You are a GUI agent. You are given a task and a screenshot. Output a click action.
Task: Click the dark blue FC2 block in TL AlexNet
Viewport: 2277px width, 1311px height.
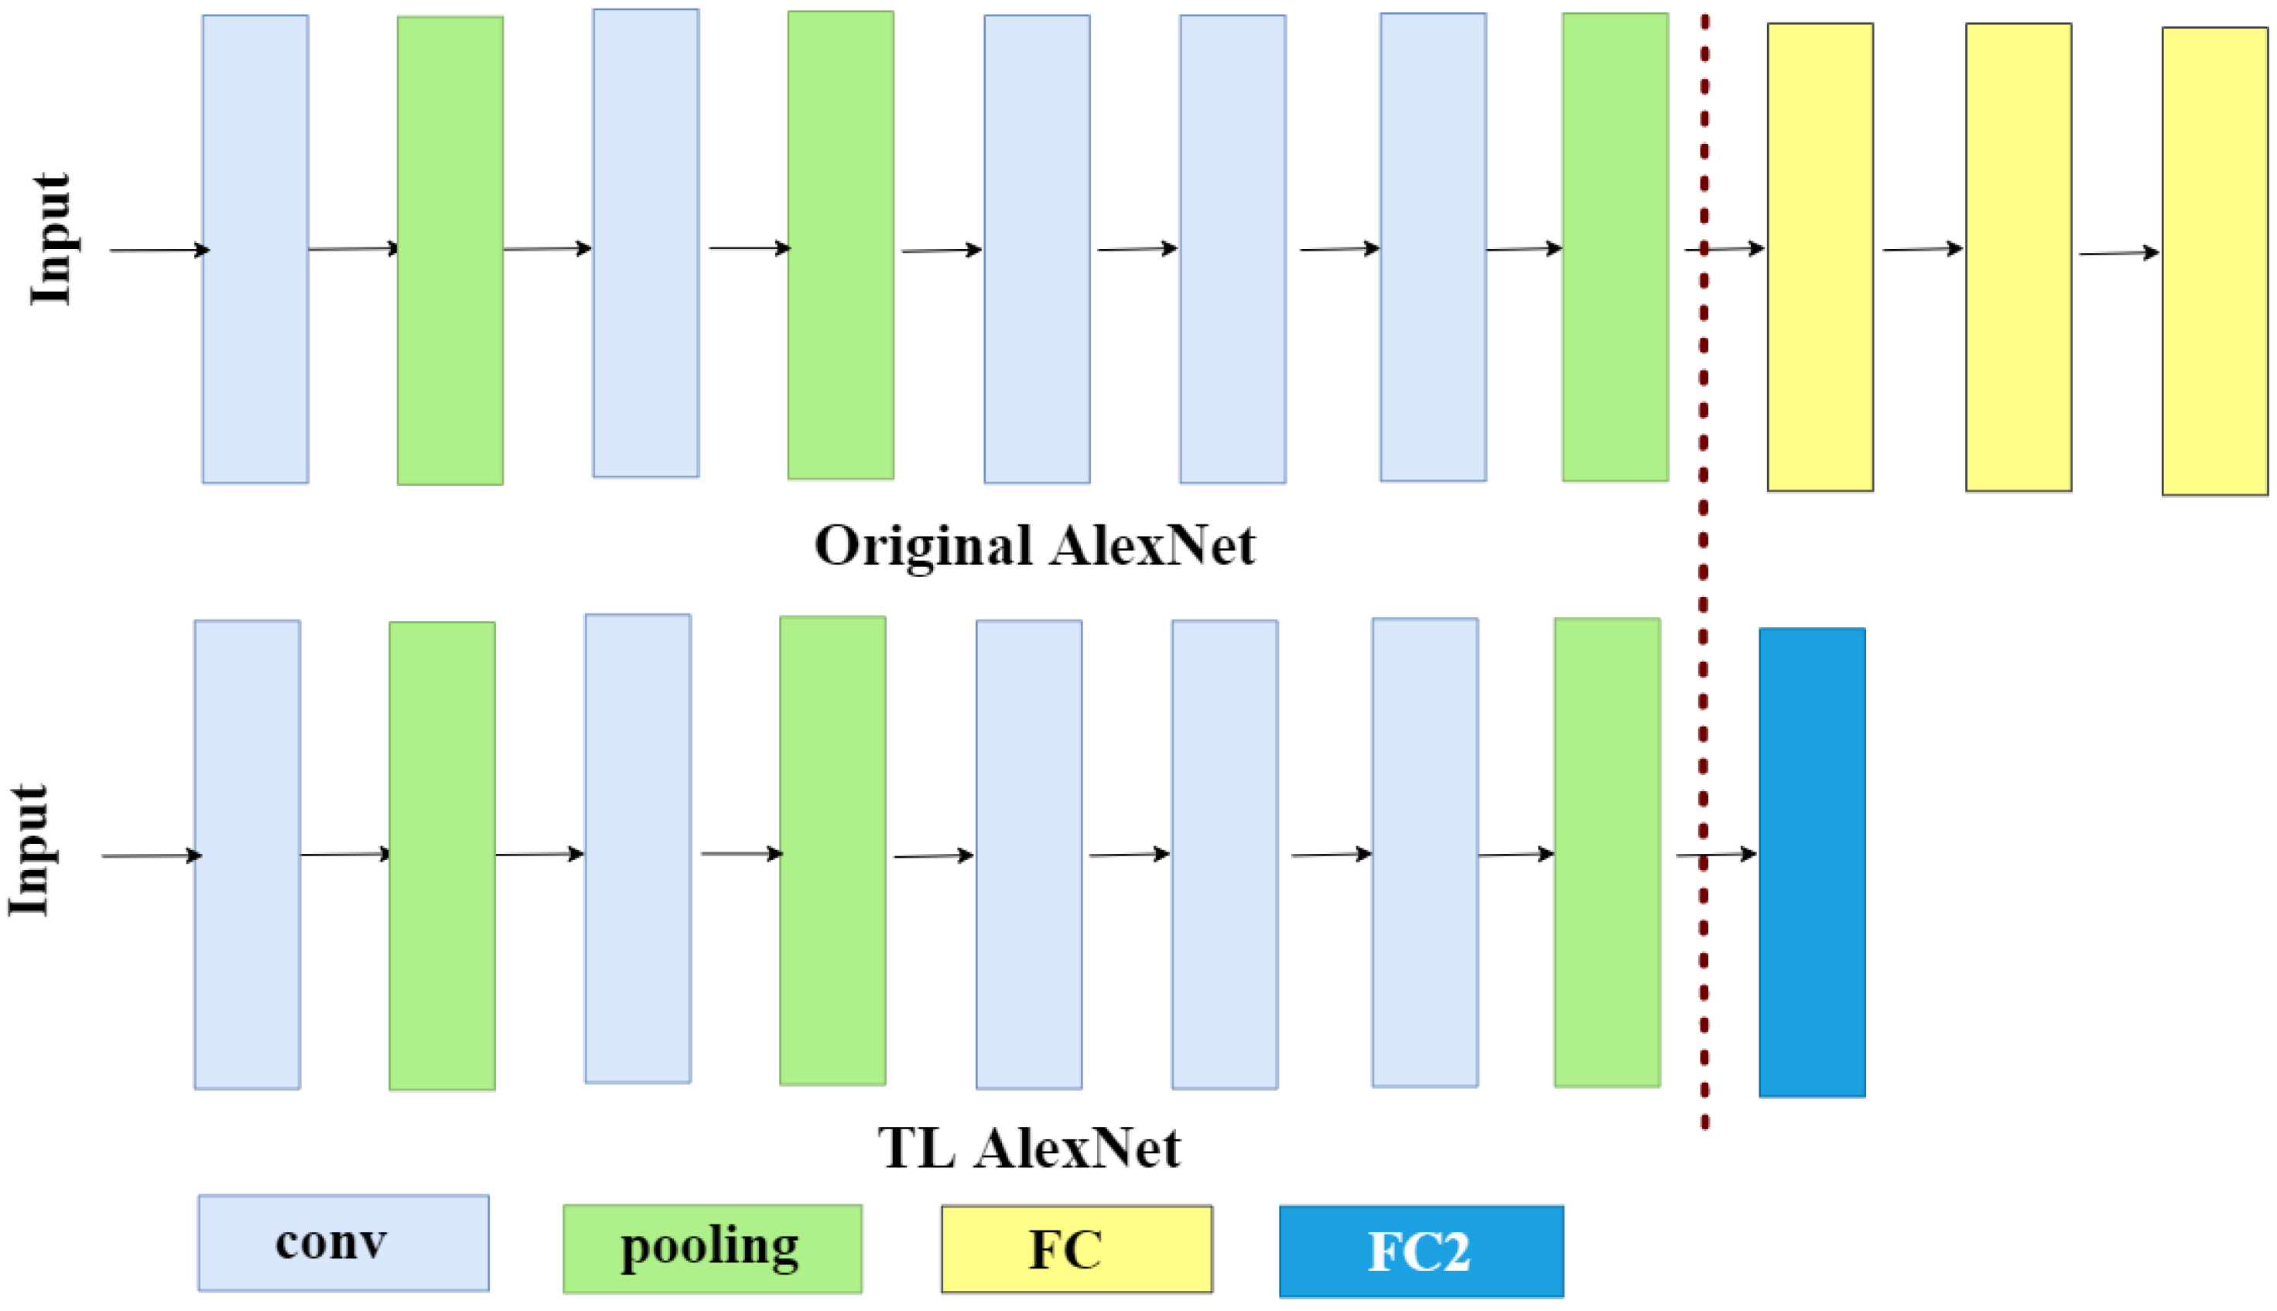[x=1811, y=862]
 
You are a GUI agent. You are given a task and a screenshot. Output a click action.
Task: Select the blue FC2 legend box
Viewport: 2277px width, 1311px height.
[x=1421, y=1251]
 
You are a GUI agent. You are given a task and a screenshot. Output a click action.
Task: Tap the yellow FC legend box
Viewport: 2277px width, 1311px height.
[x=1076, y=1249]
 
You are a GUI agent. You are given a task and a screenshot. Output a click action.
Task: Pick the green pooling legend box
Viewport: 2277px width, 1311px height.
[x=712, y=1248]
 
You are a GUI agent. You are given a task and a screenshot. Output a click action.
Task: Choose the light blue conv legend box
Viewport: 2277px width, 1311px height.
[x=344, y=1243]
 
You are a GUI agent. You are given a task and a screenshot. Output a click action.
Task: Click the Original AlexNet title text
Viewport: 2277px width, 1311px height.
[x=1034, y=545]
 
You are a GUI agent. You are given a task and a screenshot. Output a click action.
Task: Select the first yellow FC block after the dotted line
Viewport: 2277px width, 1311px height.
[x=1820, y=257]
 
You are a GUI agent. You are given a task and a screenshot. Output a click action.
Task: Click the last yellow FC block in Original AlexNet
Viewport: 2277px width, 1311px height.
[x=2214, y=261]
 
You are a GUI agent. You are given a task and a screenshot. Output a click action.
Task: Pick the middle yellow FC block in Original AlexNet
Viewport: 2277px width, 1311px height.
[x=2018, y=257]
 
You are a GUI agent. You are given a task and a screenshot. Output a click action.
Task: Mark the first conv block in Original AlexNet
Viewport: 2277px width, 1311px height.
[x=255, y=248]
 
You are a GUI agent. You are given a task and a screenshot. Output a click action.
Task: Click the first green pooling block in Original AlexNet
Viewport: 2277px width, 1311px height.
[x=450, y=251]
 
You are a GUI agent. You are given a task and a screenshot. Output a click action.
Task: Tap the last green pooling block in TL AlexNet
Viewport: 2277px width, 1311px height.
[x=1606, y=852]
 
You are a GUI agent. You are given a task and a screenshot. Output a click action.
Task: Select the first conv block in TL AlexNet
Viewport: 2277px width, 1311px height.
[x=247, y=854]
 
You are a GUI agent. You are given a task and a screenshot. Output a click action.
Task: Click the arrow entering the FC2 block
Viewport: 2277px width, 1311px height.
[x=1716, y=854]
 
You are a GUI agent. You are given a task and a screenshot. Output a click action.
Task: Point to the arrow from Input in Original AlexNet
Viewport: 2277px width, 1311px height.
[x=159, y=251]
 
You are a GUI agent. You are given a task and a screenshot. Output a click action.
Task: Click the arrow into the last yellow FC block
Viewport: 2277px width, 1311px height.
[x=2118, y=254]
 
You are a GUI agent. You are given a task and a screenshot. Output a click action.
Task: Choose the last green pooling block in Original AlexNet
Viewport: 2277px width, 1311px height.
[x=1614, y=247]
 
